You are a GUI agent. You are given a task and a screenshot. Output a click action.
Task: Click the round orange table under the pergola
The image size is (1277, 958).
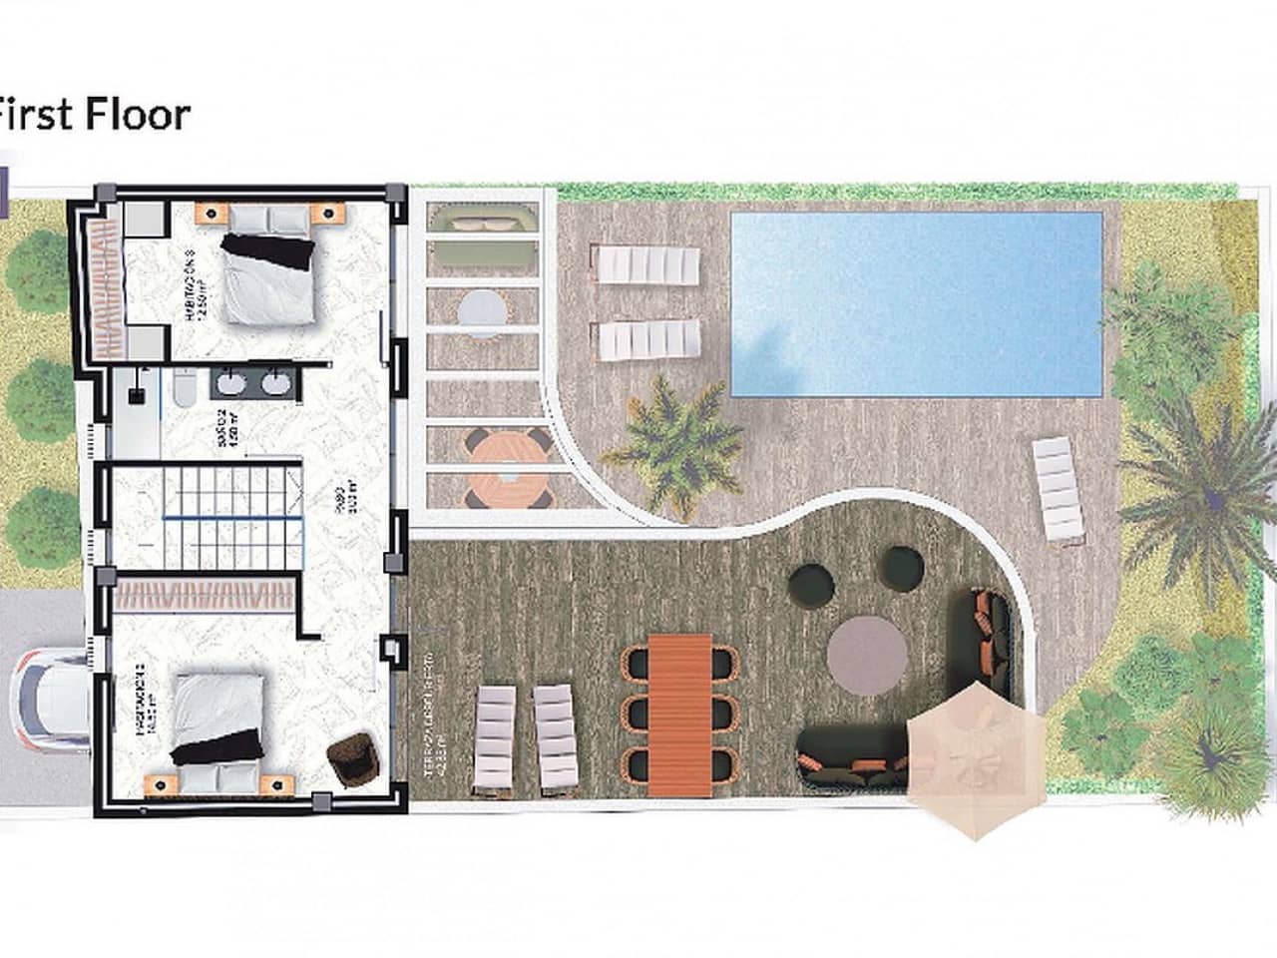tap(507, 468)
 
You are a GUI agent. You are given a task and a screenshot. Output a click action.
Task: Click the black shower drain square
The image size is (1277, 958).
tap(135, 395)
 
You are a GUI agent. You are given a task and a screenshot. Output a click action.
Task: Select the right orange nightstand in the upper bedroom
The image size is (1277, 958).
tap(325, 212)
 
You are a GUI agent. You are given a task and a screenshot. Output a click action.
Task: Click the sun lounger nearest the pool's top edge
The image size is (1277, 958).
tap(647, 265)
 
